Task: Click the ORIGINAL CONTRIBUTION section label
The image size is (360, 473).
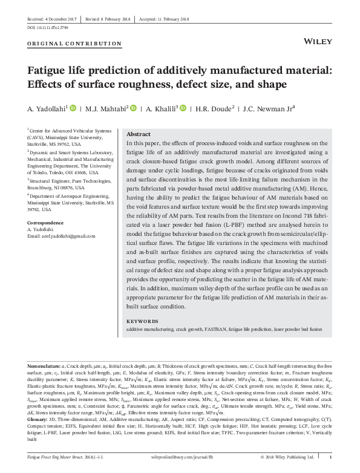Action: (70, 44)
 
